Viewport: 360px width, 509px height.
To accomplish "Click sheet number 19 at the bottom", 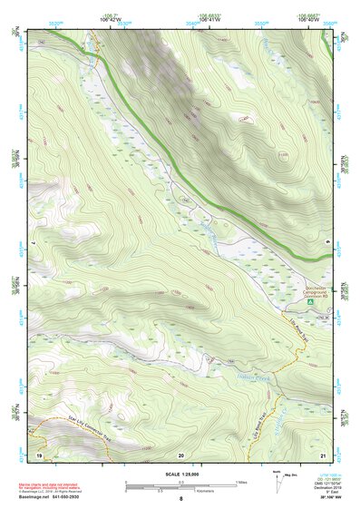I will (x=39, y=454).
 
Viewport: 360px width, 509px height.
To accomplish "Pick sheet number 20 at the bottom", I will (x=180, y=454).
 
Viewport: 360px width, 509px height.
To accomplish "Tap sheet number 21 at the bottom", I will (x=323, y=454).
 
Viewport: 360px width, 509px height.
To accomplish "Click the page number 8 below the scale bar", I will (x=180, y=498).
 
